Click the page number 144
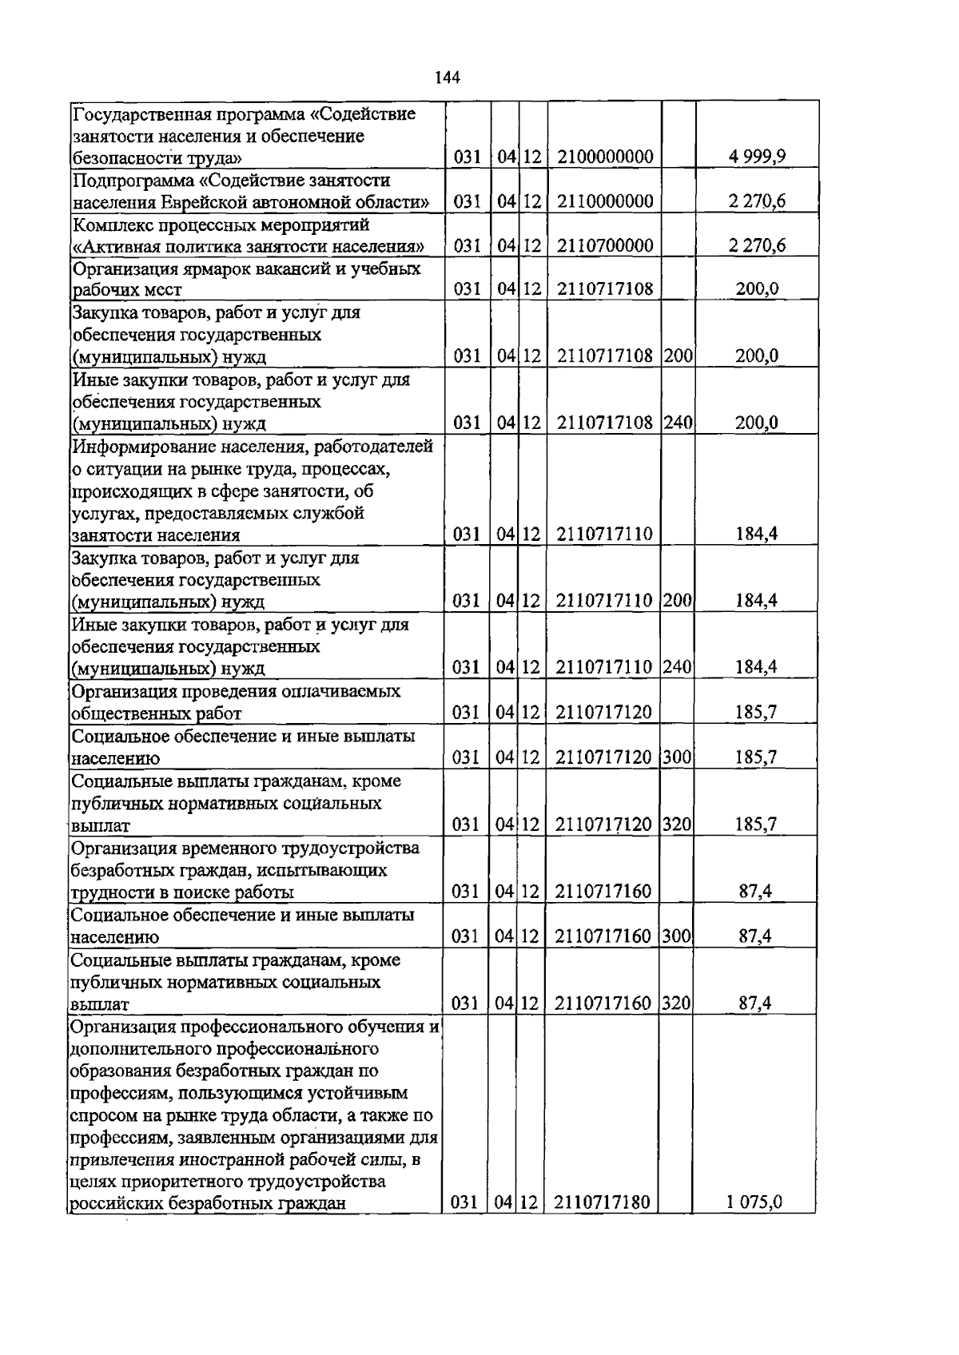pyautogui.click(x=448, y=77)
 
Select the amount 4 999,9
pyautogui.click(x=757, y=157)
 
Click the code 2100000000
pyautogui.click(x=605, y=157)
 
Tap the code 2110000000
pyautogui.click(x=605, y=201)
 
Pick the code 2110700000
pyautogui.click(x=605, y=245)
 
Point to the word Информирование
pyautogui.click(x=143, y=446)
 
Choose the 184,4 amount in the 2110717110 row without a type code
pyautogui.click(x=756, y=534)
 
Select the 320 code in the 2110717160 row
pyautogui.click(x=676, y=1003)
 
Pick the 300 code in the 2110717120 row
pyautogui.click(x=676, y=757)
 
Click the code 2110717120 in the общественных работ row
pyautogui.click(x=603, y=713)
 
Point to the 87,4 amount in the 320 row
pyautogui.click(x=754, y=1003)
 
